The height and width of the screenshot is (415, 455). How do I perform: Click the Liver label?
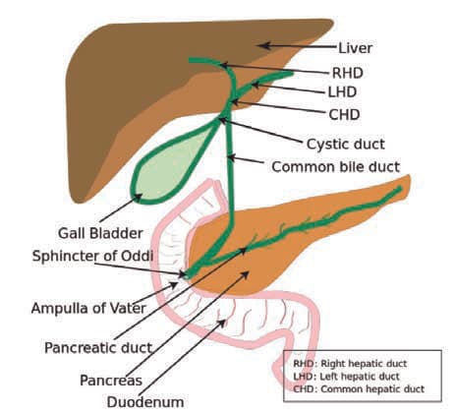point(355,48)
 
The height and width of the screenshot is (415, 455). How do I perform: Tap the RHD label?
point(348,73)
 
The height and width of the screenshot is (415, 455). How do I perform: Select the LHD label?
point(342,92)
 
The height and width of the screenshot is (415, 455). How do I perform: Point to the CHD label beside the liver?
point(344,115)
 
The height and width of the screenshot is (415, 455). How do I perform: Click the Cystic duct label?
point(346,145)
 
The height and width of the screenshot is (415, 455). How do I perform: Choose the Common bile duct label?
point(336,167)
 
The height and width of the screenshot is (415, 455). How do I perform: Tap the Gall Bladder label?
point(100,233)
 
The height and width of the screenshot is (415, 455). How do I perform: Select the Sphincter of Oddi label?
point(92,256)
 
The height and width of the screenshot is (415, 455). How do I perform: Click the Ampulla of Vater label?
point(88,308)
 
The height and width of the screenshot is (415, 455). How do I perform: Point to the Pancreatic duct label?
point(98,348)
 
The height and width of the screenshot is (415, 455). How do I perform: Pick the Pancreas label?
point(111,381)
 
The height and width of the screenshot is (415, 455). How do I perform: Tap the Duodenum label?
point(145,402)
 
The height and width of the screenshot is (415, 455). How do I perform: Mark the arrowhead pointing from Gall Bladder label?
point(138,197)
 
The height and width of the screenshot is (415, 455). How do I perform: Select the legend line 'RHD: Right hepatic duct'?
point(350,364)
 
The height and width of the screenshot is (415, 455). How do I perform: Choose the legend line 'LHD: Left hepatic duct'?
point(346,377)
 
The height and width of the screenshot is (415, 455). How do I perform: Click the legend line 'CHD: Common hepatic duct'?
point(359,389)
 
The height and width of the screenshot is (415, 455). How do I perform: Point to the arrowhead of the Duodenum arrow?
point(222,324)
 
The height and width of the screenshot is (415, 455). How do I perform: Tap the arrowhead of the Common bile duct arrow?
point(232,157)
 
